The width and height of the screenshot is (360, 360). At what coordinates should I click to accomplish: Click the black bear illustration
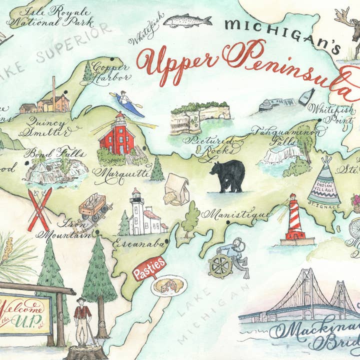click(x=227, y=176)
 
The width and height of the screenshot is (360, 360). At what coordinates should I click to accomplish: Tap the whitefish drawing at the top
click(x=187, y=21)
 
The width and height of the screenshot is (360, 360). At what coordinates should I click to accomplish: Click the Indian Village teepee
click(x=323, y=180)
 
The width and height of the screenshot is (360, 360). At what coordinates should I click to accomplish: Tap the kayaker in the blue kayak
click(x=127, y=103)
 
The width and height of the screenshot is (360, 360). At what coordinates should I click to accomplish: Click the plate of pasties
click(x=169, y=286)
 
